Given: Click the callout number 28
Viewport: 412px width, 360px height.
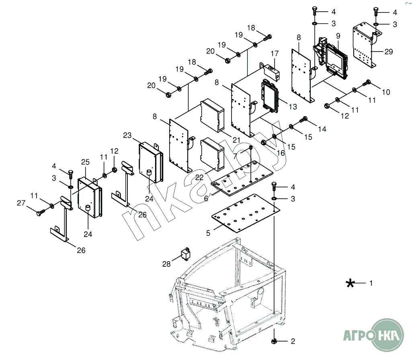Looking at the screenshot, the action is (166, 264).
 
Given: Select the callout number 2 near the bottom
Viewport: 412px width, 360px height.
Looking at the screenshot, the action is (293, 341).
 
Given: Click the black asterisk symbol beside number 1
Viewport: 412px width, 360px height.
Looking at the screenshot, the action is (350, 283).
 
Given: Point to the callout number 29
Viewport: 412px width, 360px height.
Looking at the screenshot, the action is (388, 51).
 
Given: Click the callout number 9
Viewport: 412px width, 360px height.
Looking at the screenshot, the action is (338, 35).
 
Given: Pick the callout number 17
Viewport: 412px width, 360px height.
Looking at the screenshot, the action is (275, 53).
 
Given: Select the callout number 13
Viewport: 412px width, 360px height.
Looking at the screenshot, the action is (293, 107).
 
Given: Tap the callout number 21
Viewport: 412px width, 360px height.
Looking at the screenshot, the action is (236, 140).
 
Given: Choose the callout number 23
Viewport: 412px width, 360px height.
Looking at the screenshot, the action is (128, 136).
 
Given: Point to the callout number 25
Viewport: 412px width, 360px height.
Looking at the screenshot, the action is (85, 162).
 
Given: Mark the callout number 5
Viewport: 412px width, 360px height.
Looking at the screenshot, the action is (208, 233).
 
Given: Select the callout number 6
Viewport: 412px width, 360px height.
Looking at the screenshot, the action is (206, 198).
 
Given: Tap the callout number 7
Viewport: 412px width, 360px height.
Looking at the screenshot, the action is (236, 156).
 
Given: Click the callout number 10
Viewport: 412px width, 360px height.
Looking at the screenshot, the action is (385, 92).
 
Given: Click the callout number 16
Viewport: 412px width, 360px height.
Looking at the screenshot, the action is (280, 153).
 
